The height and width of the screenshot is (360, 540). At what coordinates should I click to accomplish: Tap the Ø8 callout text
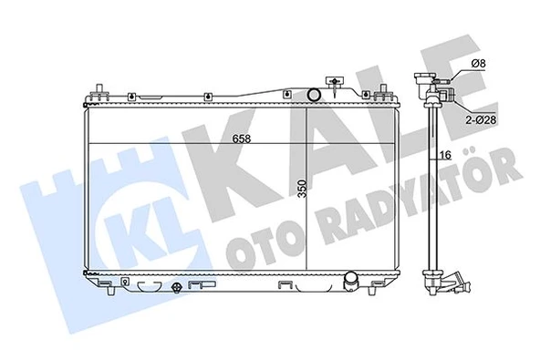[x=480, y=63]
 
